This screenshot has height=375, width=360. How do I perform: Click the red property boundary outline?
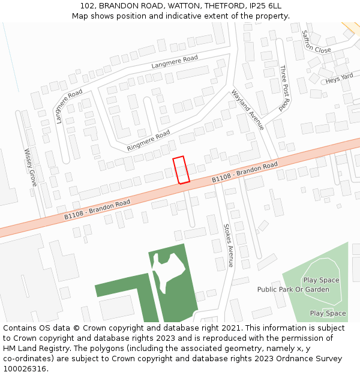(181, 170)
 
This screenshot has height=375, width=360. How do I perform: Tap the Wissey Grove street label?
(30, 167)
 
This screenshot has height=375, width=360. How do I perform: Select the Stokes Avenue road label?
(228, 245)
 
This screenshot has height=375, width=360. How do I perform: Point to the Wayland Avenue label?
(247, 109)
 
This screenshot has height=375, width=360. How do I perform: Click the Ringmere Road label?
(148, 141)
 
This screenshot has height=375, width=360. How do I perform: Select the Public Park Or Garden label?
(293, 290)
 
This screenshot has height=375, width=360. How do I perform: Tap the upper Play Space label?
(321, 280)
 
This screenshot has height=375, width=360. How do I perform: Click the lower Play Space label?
(328, 313)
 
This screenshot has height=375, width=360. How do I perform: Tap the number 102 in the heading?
(88, 6)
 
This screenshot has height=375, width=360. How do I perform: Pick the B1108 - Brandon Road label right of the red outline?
(245, 172)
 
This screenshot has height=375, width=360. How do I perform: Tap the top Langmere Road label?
(175, 61)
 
